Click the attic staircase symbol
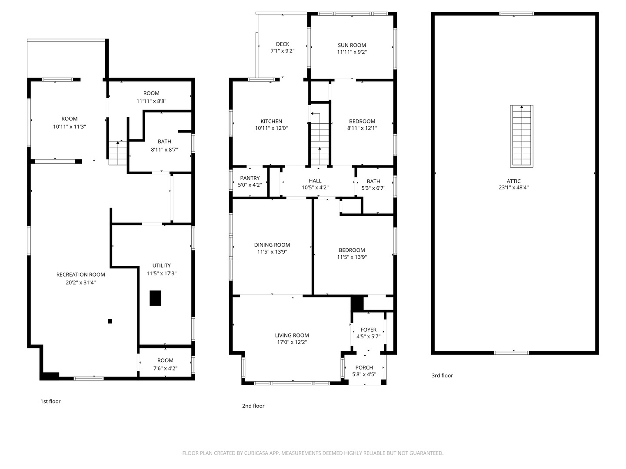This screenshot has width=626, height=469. [x=521, y=136]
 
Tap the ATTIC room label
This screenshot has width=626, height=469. [x=513, y=182]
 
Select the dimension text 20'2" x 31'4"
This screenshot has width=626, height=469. [x=81, y=282]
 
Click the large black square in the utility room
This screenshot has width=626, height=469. [x=155, y=298]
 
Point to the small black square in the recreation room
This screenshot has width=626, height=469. [x=110, y=321]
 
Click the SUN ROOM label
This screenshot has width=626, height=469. [x=352, y=45]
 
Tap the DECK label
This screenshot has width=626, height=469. [x=283, y=44]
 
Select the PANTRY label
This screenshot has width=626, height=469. [x=250, y=178]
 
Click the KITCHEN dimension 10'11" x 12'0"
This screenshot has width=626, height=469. [x=271, y=128]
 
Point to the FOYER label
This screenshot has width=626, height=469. [x=368, y=330]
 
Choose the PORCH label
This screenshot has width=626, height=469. [x=364, y=367]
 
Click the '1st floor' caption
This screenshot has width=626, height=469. [x=50, y=401]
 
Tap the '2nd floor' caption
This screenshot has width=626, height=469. [x=253, y=406]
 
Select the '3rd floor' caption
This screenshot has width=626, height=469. [x=442, y=376]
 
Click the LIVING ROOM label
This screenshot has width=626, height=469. [x=292, y=335]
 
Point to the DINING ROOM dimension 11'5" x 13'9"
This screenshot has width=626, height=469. [x=272, y=252]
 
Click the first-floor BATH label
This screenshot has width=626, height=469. [x=164, y=142]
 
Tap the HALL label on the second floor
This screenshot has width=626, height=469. [x=315, y=181]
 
